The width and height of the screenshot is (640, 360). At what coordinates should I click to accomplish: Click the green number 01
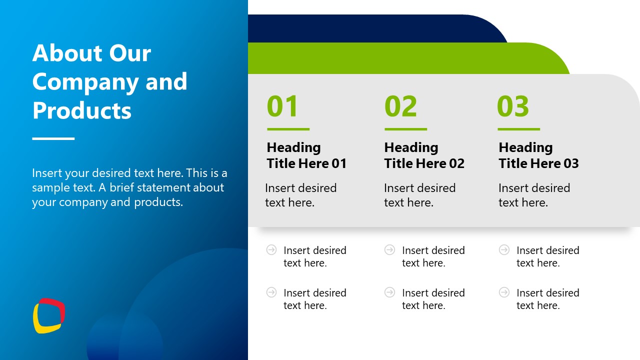[x=282, y=106]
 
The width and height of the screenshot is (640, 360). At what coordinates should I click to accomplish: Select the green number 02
[x=400, y=106]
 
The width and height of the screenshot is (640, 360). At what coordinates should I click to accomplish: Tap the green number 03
[x=513, y=106]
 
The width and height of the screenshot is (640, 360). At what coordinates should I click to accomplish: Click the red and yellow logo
[x=49, y=315]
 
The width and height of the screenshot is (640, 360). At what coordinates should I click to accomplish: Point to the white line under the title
[x=53, y=138]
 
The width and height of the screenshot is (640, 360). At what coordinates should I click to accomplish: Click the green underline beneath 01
[x=288, y=129]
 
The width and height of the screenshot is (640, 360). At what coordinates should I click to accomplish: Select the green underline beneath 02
[x=405, y=129]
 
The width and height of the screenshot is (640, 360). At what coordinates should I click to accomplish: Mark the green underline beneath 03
[x=519, y=129]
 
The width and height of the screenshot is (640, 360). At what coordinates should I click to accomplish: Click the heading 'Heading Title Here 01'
[x=306, y=155]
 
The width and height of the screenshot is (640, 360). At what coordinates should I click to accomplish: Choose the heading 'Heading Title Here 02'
[x=424, y=155]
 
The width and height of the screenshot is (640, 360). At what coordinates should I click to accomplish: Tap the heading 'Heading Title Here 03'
[x=538, y=155]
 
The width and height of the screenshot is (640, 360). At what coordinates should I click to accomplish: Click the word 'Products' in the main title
[x=81, y=110]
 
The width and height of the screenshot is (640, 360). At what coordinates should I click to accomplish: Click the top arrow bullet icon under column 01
[x=271, y=249]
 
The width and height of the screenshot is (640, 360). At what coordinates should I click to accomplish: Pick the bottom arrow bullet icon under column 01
[x=271, y=292]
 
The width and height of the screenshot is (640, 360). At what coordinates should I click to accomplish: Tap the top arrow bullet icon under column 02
[x=389, y=249]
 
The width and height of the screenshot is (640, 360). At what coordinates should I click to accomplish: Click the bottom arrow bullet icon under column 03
[x=504, y=292]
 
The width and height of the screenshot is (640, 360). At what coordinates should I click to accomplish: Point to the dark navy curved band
[x=371, y=28]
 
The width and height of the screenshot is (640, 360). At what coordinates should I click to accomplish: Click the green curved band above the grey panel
[x=400, y=58]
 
